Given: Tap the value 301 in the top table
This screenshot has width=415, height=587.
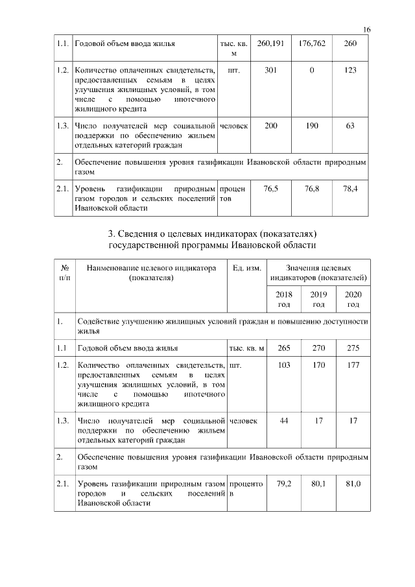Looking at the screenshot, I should pyautogui.click(x=270, y=71).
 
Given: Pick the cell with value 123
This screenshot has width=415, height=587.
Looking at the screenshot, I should pyautogui.click(x=350, y=71).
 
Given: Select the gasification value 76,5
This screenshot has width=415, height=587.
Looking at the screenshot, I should pyautogui.click(x=270, y=189).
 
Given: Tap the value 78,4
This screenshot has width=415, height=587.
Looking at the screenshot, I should pyautogui.click(x=350, y=189).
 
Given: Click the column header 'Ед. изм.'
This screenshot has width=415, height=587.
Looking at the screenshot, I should pyautogui.click(x=246, y=268).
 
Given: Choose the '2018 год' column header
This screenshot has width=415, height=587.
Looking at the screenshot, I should pyautogui.click(x=284, y=299).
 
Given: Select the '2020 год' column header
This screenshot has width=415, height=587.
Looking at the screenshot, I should pyautogui.click(x=353, y=299).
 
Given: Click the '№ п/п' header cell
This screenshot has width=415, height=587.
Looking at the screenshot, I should pyautogui.click(x=64, y=272).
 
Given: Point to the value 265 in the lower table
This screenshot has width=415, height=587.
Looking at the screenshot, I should pyautogui.click(x=284, y=349).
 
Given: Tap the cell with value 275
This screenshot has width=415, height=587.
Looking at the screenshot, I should pyautogui.click(x=353, y=349).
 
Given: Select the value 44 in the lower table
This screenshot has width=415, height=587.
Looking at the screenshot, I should pyautogui.click(x=284, y=422).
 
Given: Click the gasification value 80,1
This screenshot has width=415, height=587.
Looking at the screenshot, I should pyautogui.click(x=318, y=484).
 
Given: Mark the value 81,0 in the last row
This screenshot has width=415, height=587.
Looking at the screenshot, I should pyautogui.click(x=353, y=484).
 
